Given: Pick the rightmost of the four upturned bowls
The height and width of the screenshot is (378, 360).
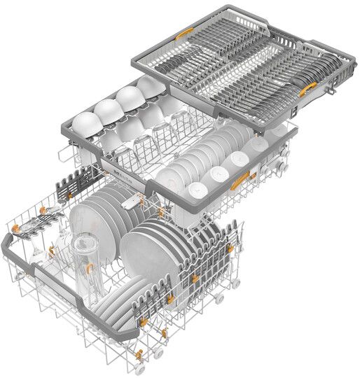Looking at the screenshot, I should [149, 86].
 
